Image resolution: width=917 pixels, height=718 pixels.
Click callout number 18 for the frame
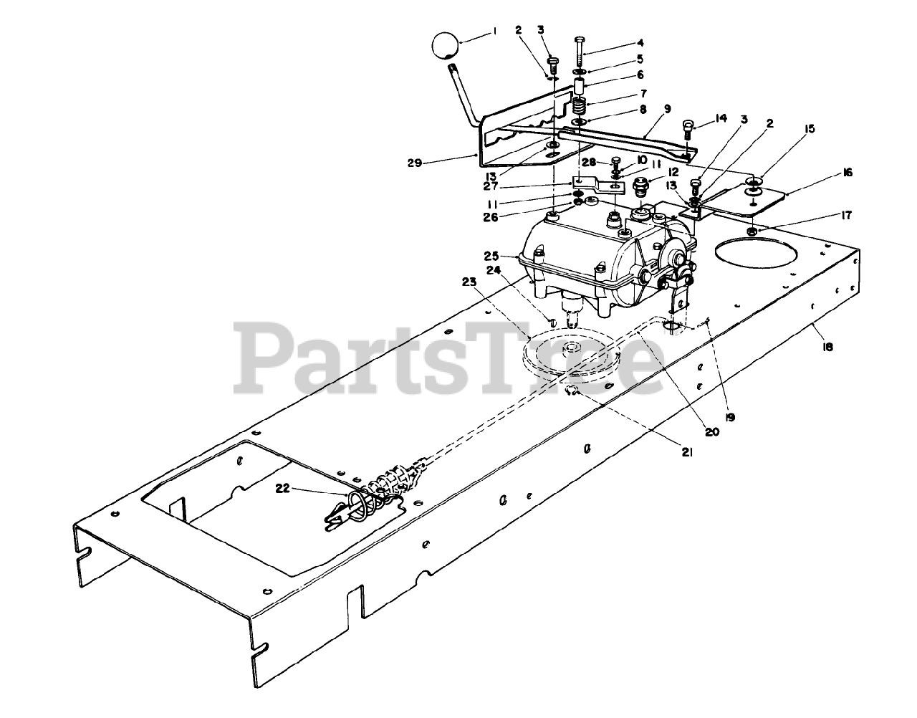(827, 347)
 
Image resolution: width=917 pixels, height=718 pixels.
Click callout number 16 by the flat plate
(848, 173)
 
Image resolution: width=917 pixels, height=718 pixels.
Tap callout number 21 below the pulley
(686, 451)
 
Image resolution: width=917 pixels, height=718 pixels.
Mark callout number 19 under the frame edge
(730, 416)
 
